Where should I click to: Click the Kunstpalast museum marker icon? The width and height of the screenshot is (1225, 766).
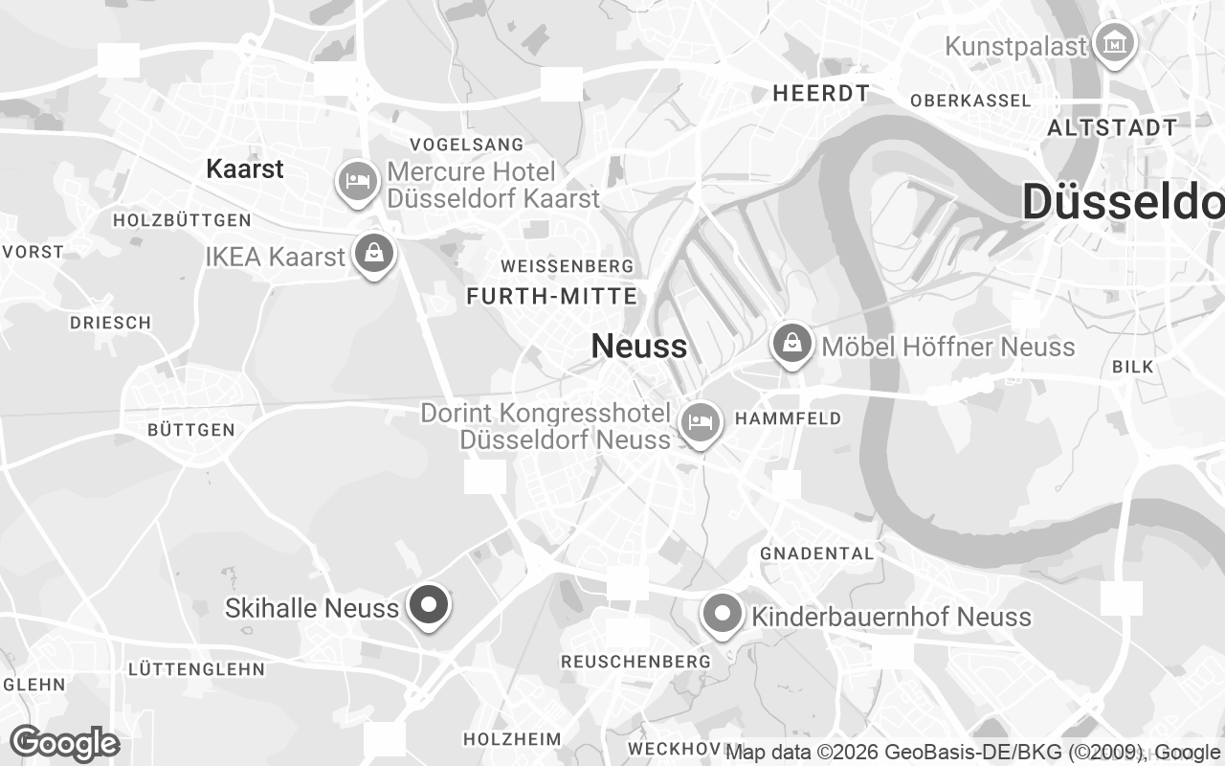[x=1115, y=44]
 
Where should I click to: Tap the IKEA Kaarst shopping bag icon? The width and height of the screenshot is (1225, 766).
[x=374, y=255]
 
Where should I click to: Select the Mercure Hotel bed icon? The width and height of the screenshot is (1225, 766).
[x=357, y=182]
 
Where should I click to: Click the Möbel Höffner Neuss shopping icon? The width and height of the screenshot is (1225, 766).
[x=791, y=343]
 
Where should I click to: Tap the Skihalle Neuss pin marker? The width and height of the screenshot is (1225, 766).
[x=429, y=605]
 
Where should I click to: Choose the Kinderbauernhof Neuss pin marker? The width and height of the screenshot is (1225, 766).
[x=722, y=614]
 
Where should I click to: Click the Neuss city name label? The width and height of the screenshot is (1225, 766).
[x=638, y=346]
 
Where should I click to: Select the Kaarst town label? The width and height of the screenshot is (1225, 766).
[x=245, y=169]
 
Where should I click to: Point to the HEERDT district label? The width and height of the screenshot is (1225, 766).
[x=822, y=93]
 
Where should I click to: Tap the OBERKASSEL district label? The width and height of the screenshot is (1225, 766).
[x=970, y=101]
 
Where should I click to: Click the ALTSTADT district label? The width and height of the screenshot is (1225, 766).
[x=1112, y=127]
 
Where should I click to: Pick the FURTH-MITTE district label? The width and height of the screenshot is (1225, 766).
[x=551, y=296]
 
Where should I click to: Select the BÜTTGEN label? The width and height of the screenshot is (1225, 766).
[x=191, y=431]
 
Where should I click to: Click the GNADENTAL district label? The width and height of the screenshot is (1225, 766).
[x=816, y=553]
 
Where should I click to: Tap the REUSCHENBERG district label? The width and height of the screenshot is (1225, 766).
[x=635, y=662]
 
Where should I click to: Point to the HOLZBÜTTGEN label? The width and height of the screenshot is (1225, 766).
[x=182, y=220]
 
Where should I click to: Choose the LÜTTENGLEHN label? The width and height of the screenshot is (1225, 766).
[x=195, y=668]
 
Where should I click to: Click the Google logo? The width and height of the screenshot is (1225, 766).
[x=64, y=743]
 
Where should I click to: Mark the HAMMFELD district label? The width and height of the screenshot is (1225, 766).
[x=788, y=418]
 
